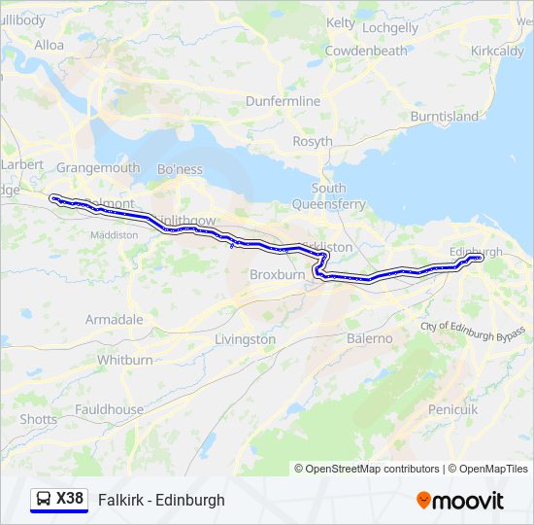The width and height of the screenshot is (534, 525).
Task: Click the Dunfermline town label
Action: click(x=283, y=101)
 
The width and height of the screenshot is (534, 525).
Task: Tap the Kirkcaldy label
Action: click(x=497, y=51)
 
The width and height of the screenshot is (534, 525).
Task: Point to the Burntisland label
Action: click(x=445, y=117)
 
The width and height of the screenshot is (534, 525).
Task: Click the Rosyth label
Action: click(x=313, y=142)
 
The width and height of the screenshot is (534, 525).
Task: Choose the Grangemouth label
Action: click(x=98, y=167)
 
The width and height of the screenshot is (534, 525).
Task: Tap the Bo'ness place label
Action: click(x=180, y=169)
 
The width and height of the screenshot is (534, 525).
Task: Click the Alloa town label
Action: click(x=49, y=45)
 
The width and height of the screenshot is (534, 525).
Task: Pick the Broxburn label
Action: click(x=278, y=275)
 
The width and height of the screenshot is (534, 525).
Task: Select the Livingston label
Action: click(x=245, y=339)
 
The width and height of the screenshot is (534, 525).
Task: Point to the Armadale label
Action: click(x=114, y=319)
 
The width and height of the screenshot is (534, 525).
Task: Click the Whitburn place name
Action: click(x=125, y=360)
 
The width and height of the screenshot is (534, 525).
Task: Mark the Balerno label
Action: click(x=370, y=338)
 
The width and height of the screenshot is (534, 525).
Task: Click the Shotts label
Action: click(x=39, y=419)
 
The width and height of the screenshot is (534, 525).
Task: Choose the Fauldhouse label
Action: click(x=111, y=410)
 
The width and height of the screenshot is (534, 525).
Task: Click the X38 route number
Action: click(x=70, y=499)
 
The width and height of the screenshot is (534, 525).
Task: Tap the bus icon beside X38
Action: click(x=44, y=500)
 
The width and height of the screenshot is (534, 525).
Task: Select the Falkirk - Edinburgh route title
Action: click(x=161, y=500)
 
